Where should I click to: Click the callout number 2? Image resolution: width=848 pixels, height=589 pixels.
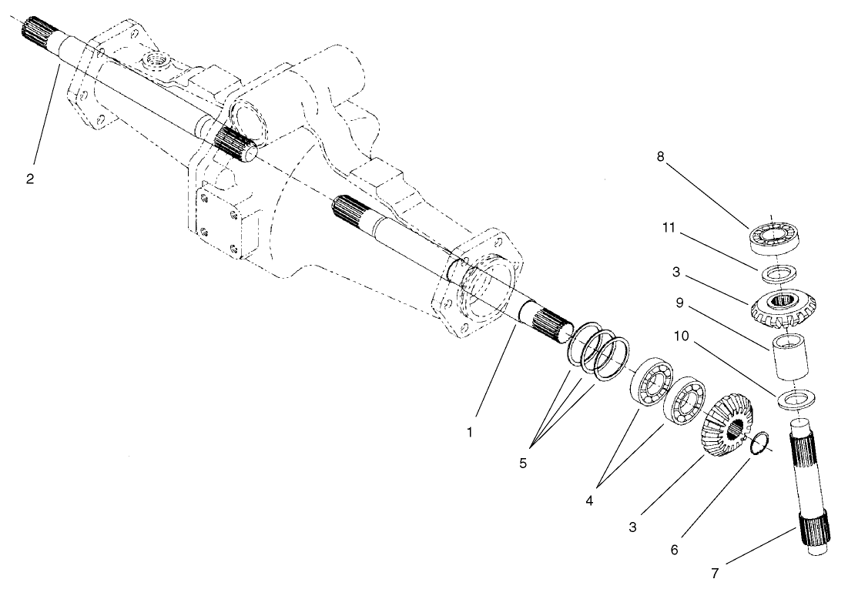tap(30, 179)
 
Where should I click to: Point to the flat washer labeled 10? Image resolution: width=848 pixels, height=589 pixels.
tap(793, 400)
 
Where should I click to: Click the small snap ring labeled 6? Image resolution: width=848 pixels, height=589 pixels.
tap(758, 443)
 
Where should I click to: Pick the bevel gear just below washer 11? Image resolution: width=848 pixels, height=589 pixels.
tap(782, 306)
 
